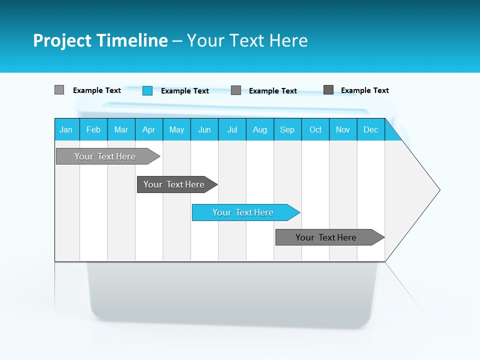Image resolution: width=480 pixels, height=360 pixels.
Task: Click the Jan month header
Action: point(66,129)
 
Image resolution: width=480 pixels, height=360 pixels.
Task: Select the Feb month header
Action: point(93,129)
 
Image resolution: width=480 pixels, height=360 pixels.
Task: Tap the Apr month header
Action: point(149,129)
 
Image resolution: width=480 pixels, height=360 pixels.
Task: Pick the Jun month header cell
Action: point(204,129)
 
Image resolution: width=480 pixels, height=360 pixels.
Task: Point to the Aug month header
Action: point(260,129)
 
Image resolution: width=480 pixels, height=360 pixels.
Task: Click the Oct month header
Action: point(315,129)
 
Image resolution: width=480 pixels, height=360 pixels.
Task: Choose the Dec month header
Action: point(371,129)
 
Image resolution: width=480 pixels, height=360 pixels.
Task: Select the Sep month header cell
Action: point(287,129)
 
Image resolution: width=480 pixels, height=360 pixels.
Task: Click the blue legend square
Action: point(147,90)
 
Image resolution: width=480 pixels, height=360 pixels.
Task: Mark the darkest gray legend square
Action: point(328,89)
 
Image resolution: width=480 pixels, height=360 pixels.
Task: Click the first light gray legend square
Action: point(59,90)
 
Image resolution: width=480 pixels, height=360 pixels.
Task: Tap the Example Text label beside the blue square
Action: point(185,91)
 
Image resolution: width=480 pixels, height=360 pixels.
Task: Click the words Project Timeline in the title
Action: point(100,40)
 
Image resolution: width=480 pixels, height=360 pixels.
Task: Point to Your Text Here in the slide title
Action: point(247,40)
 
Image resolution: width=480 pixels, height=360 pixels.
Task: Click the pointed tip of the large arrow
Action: point(438,190)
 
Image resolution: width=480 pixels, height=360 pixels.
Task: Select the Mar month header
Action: point(121,129)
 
